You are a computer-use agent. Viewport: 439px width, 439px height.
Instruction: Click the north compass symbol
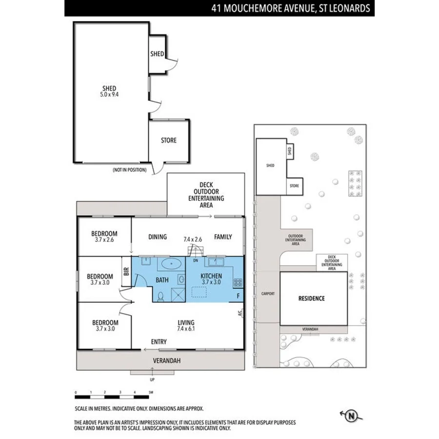[351, 416]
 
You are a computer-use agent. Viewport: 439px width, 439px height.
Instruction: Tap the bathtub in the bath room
[171, 265]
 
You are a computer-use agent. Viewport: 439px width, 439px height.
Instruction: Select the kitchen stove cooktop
[238, 282]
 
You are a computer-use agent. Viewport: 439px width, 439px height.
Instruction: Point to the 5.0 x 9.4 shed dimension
[109, 95]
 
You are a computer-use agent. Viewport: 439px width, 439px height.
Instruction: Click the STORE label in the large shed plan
[169, 140]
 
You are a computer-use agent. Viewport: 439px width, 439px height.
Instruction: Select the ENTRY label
[159, 342]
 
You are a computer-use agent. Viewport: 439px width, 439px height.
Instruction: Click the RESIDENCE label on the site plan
[312, 299]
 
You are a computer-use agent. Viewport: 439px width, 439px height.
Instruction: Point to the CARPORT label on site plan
[268, 294]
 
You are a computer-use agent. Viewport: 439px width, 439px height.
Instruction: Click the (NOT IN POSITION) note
[129, 170]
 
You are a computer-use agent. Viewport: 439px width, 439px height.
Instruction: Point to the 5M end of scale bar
[151, 392]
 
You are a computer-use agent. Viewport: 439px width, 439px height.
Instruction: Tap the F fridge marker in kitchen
[238, 295]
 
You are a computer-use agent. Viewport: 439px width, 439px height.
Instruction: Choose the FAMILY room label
[223, 237]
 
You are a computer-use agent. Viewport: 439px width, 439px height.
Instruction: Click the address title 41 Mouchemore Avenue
[290, 8]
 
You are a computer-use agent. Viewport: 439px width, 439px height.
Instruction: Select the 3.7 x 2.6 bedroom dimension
[104, 239]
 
